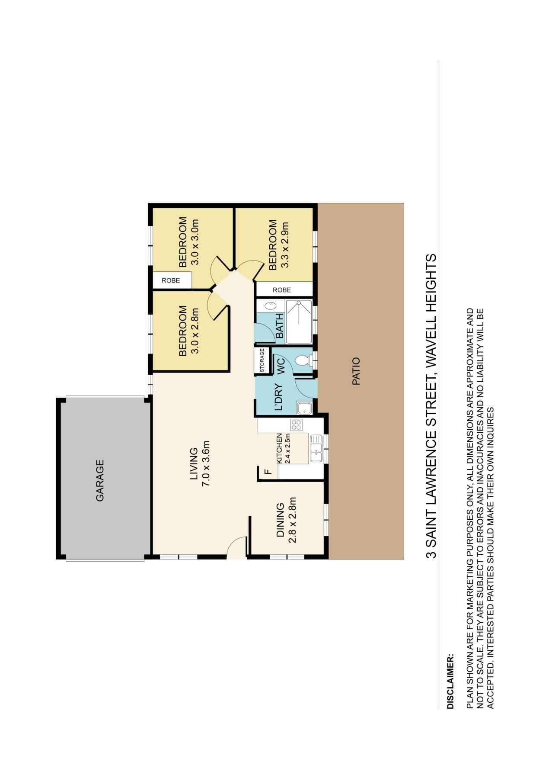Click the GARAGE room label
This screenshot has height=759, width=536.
[100, 480]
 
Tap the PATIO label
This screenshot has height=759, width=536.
[356, 371]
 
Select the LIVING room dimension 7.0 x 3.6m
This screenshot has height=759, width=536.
[206, 464]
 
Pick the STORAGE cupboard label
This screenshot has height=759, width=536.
[262, 360]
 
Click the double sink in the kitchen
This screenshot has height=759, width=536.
[316, 448]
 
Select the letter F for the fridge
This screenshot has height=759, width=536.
[268, 472]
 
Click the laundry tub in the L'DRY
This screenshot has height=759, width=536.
[304, 408]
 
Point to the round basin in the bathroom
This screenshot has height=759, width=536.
[270, 306]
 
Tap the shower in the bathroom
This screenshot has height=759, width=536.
[299, 322]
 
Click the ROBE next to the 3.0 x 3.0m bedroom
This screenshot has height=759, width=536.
[171, 280]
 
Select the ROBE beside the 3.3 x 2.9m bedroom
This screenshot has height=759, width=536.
[282, 290]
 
